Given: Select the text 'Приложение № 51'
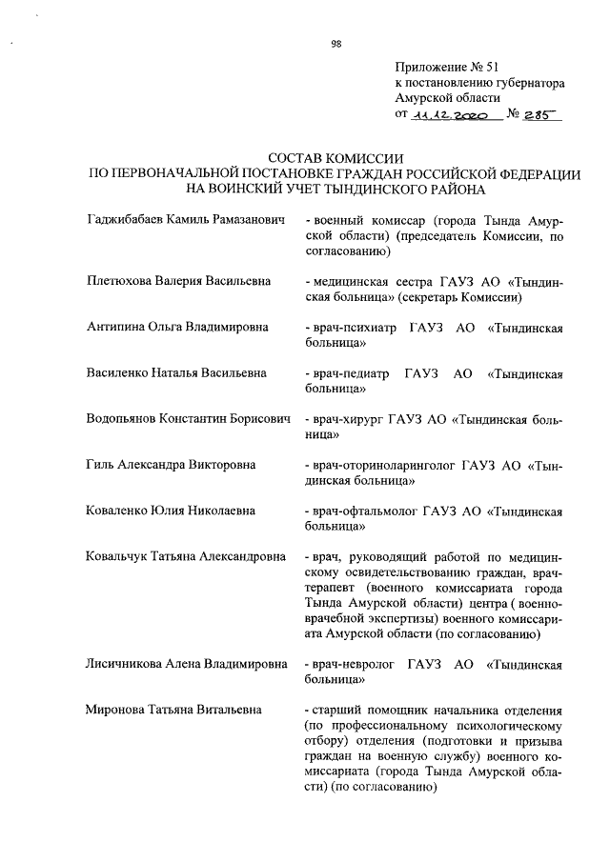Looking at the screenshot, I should coord(447,67).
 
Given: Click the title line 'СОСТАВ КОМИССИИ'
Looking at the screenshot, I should coord(335,159).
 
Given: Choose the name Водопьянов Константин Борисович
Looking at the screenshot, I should coord(187,419).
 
